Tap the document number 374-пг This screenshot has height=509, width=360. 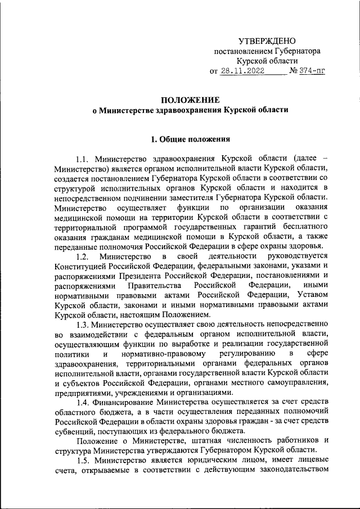coord(313,71)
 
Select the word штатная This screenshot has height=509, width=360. coord(204,440)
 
